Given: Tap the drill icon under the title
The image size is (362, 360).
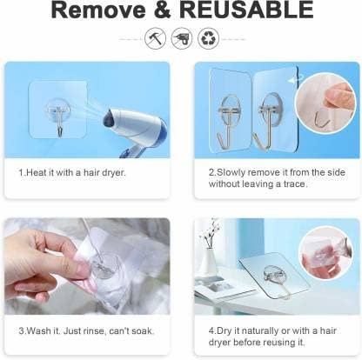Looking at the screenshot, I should coord(182,38).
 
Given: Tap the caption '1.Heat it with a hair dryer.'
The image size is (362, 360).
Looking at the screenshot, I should coord(71,172).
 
